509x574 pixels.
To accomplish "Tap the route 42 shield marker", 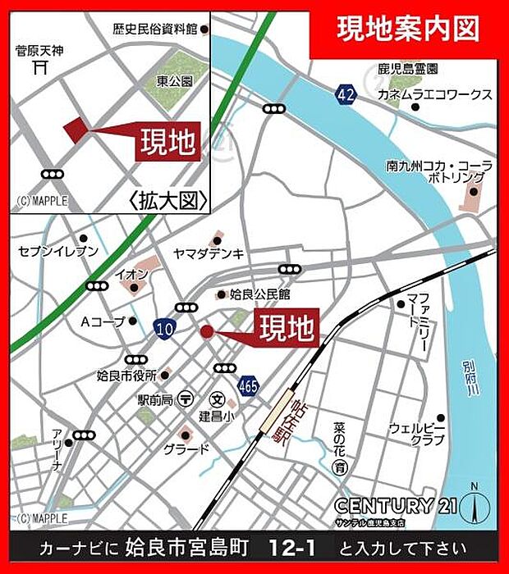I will (x=346, y=95).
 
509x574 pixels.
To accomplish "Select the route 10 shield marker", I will (x=163, y=328).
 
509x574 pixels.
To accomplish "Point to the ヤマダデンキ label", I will (x=209, y=253).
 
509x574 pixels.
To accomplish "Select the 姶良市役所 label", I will (x=126, y=376).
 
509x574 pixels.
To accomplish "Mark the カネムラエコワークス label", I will (x=434, y=95).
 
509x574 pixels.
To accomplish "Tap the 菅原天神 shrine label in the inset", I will (x=39, y=51).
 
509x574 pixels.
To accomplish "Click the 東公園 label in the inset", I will (x=174, y=82).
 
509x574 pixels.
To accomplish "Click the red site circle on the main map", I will (x=206, y=331).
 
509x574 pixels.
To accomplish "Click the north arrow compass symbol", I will (x=474, y=505).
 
